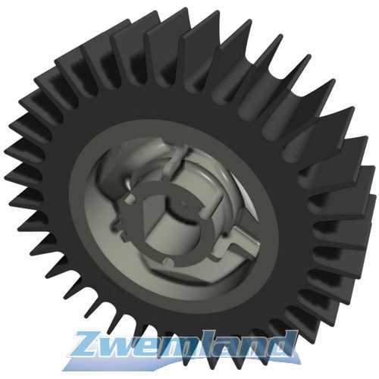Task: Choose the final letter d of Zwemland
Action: tap(287, 346)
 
